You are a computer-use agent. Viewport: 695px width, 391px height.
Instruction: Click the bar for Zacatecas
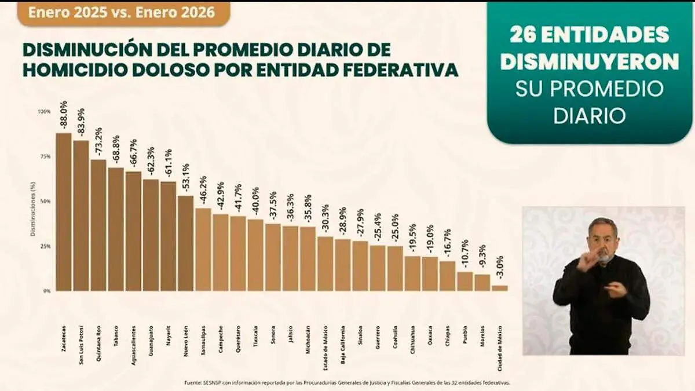pos(64,212)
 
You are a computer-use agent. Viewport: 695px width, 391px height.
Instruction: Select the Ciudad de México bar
pos(500,287)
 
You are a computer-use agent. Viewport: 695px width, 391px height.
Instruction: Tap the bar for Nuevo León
pos(185,243)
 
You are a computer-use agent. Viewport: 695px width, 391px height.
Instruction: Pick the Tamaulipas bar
pos(203,249)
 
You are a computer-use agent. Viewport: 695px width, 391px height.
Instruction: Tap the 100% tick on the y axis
pos(44,111)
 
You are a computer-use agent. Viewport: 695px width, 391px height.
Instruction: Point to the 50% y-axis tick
pos(45,201)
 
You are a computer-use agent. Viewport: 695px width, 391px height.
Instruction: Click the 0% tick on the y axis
pos(46,291)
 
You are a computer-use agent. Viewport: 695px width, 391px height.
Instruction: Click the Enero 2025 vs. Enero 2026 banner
pos(123,13)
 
